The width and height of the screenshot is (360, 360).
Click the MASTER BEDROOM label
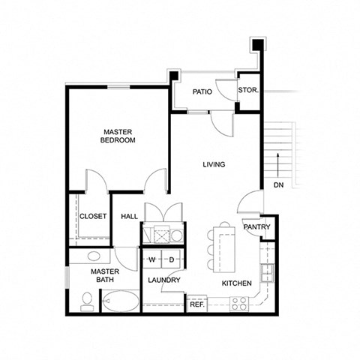118,135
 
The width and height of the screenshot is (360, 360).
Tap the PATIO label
201,92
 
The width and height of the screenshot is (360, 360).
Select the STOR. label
248,91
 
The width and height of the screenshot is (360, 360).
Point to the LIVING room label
214,164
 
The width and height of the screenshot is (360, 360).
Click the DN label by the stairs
278,184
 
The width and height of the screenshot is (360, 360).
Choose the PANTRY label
256,227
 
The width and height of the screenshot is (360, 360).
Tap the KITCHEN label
237,283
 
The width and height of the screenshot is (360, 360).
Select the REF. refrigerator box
196,304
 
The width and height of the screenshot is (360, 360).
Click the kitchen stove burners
239,304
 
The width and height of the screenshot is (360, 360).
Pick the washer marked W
151,259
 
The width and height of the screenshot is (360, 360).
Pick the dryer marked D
170,259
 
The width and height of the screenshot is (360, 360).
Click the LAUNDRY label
164,280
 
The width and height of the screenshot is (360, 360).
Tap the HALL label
129,216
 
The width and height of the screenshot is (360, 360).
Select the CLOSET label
93,216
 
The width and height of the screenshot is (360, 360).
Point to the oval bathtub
120,304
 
